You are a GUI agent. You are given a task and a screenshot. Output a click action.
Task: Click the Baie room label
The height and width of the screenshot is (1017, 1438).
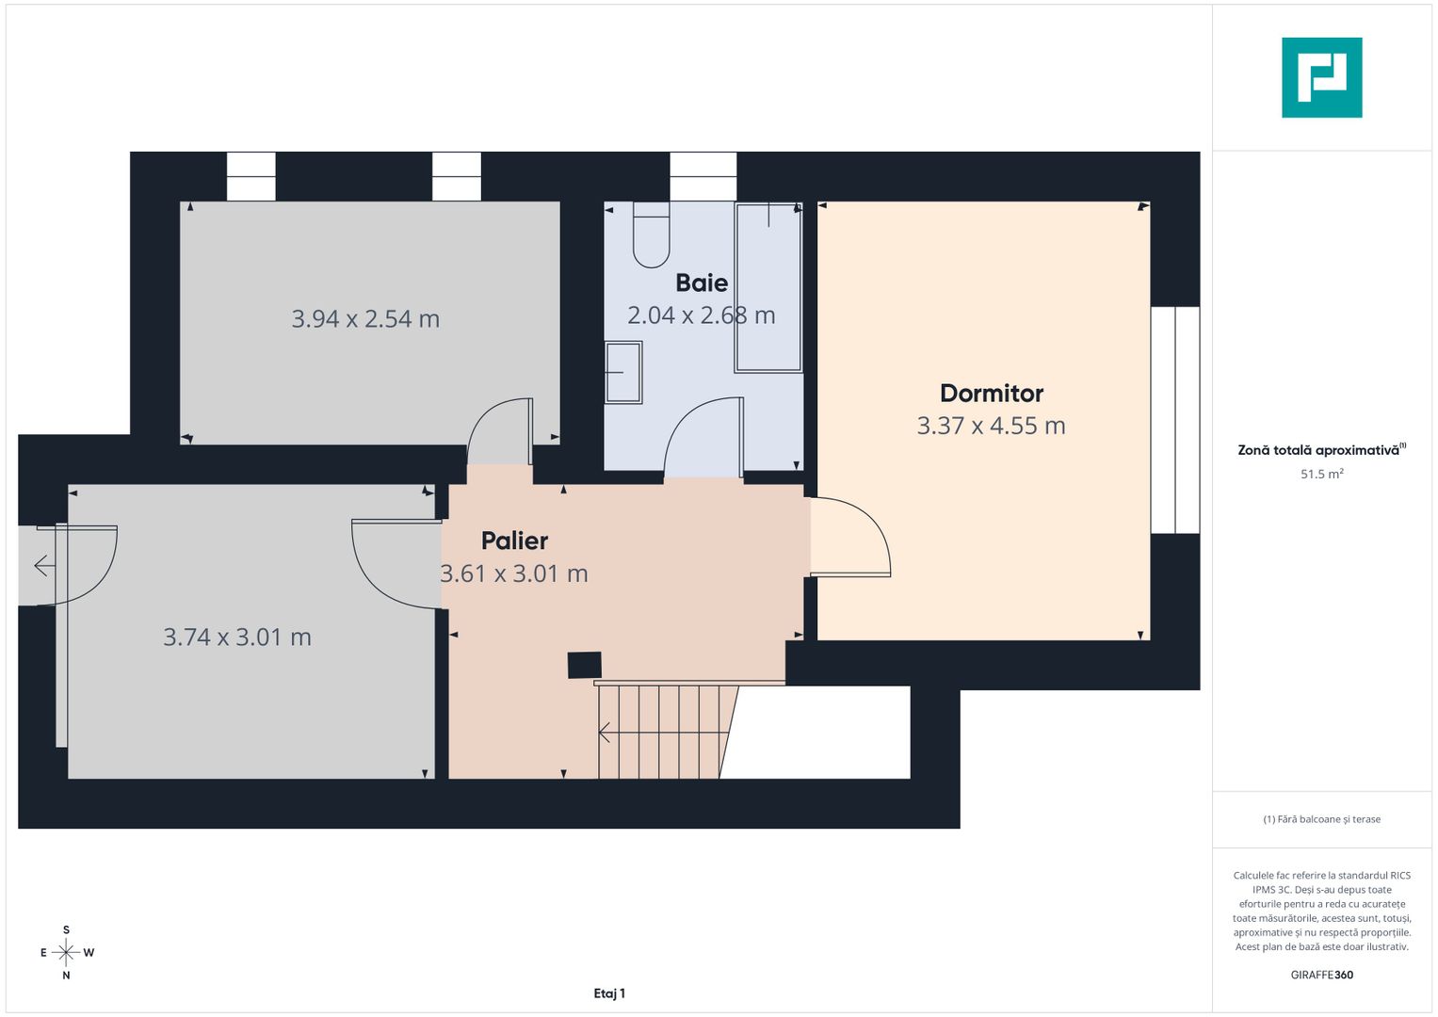point(702,282)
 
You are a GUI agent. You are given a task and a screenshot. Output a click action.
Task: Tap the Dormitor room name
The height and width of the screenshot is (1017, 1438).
point(992,394)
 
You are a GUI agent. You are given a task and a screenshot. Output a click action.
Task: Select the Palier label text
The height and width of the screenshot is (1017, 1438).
point(514,541)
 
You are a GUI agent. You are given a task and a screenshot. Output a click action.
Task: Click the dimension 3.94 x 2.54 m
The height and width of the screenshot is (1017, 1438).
point(365,319)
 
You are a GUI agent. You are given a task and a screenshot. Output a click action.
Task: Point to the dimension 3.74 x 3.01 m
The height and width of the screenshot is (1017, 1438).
point(237,638)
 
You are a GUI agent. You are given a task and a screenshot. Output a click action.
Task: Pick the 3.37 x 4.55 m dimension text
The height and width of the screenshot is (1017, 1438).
point(992,426)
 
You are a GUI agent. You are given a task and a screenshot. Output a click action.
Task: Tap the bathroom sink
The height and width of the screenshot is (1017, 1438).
point(622,372)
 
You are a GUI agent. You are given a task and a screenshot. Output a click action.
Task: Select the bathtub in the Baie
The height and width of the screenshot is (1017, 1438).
point(768,287)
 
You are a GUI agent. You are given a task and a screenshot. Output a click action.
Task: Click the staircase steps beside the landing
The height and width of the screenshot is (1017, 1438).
point(664,731)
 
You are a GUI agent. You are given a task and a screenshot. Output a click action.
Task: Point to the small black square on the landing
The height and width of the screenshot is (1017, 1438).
point(584,665)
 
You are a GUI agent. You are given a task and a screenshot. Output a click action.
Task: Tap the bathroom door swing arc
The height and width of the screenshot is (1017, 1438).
point(703,438)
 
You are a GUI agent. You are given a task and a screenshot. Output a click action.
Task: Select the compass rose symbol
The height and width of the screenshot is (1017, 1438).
point(66,953)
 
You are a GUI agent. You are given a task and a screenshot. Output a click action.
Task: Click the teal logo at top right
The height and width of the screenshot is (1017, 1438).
point(1321,77)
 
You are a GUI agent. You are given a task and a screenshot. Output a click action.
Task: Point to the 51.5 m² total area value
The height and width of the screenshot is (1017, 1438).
point(1321,475)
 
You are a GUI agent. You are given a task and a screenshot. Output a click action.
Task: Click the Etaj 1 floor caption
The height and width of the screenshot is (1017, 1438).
point(609,993)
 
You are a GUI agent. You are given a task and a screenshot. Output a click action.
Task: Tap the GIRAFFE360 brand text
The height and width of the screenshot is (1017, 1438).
point(1321,975)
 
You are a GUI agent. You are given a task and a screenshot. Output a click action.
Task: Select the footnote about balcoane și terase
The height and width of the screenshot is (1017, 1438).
point(1321,819)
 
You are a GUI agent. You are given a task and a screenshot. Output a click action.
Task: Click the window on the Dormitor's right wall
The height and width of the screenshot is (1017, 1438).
point(1175,420)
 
